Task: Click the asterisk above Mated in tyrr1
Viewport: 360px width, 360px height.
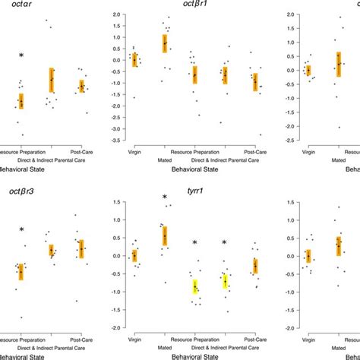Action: pos(165,198)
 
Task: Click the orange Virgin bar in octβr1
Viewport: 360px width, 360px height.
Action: pos(134,59)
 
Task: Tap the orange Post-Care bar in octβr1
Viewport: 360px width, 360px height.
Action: pos(255,81)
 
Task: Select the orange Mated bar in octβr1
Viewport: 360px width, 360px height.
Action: pos(165,43)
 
